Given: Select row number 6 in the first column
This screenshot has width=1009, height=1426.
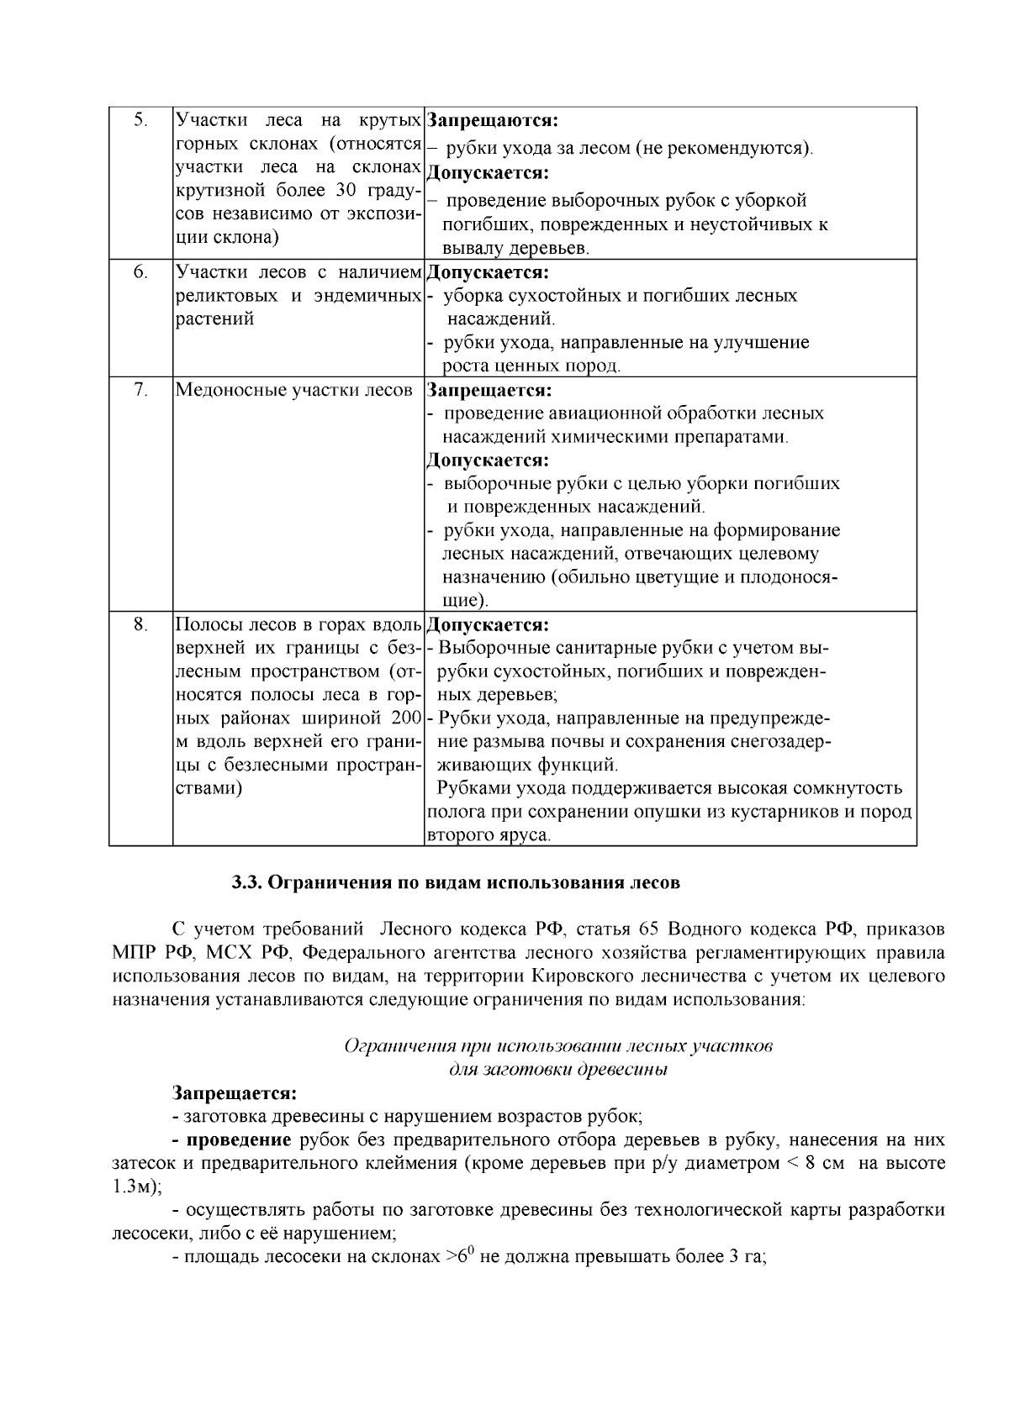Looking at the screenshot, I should coord(140,272).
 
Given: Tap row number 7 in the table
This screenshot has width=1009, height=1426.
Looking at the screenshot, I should coord(140,390).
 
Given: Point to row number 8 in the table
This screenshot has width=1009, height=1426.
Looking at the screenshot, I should coord(140,625).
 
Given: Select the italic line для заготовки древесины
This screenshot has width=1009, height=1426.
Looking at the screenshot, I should coord(557,1070).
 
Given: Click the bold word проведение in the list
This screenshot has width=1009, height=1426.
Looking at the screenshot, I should coord(239,1140).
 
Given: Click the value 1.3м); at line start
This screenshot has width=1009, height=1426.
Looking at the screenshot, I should coord(137,1187).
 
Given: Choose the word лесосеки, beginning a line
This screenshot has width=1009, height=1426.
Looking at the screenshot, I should coord(148,1234).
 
